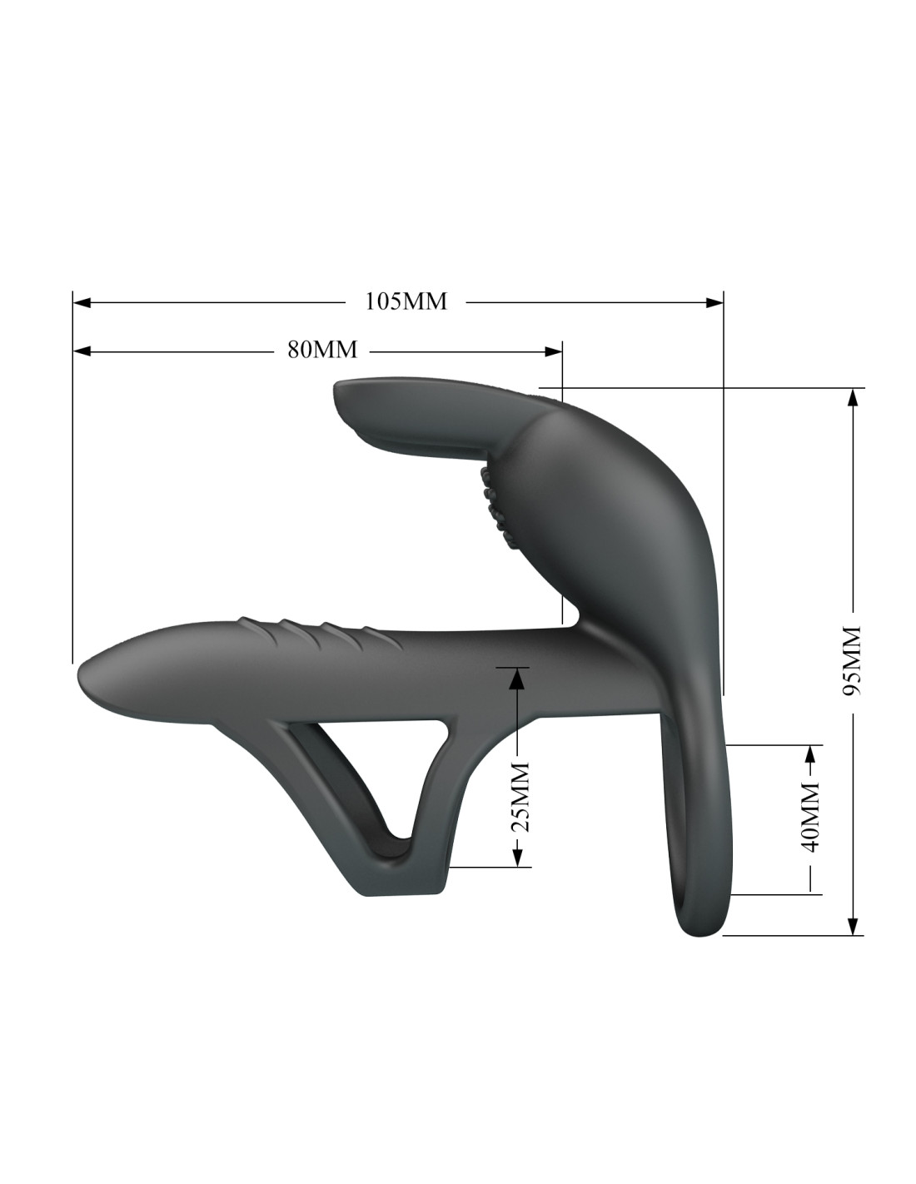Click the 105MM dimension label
[406, 301]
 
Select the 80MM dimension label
[322, 349]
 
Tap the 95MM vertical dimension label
[851, 660]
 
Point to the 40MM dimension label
[810, 817]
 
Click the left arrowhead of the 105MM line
[82, 302]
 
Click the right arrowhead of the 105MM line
[714, 302]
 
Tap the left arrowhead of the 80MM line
[82, 352]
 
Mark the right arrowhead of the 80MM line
[553, 352]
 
